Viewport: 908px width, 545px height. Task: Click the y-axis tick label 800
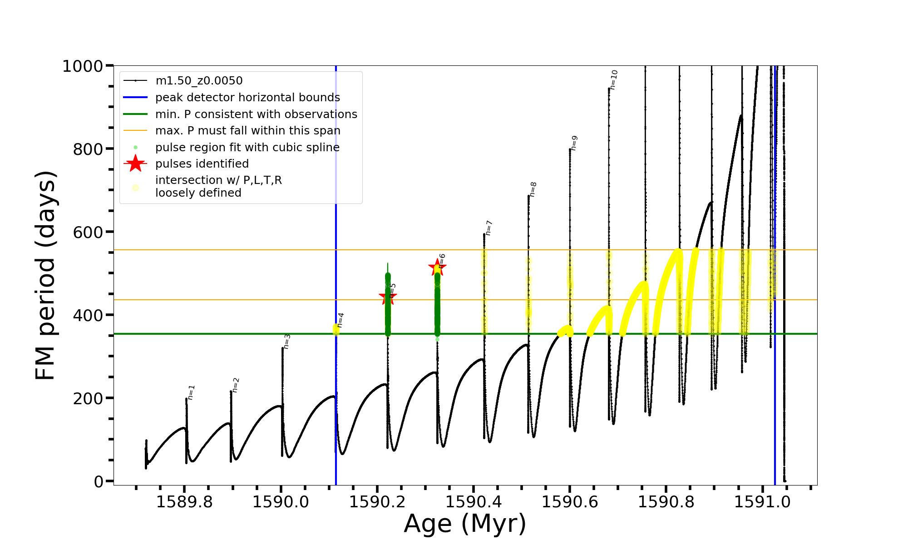[x=88, y=149]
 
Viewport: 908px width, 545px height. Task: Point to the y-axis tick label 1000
[x=83, y=66]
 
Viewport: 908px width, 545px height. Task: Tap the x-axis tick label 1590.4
[x=474, y=502]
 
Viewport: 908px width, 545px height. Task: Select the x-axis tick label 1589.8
[x=184, y=502]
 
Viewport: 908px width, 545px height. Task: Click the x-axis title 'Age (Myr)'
[x=465, y=524]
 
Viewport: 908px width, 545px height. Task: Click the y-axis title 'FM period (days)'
[x=45, y=275]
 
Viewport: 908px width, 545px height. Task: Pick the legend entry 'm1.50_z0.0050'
[x=199, y=81]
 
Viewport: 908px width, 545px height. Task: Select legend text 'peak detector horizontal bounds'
[x=247, y=98]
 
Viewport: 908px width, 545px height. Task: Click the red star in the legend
[x=135, y=163]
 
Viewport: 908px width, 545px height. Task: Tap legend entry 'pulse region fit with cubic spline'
[x=247, y=148]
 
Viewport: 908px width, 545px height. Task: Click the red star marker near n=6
[x=437, y=267]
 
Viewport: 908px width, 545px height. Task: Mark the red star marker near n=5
[x=387, y=297]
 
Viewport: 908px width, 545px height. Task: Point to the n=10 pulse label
[x=614, y=79]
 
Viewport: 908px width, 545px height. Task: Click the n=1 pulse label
[x=191, y=392]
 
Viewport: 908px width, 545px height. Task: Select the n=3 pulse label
[x=286, y=342]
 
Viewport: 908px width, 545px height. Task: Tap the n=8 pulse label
[x=533, y=189]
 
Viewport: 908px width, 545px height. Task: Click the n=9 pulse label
[x=574, y=143]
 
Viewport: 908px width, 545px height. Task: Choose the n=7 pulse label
[x=489, y=228]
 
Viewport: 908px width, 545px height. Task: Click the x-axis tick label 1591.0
[x=762, y=502]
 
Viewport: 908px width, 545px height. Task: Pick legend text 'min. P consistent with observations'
[x=256, y=114]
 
